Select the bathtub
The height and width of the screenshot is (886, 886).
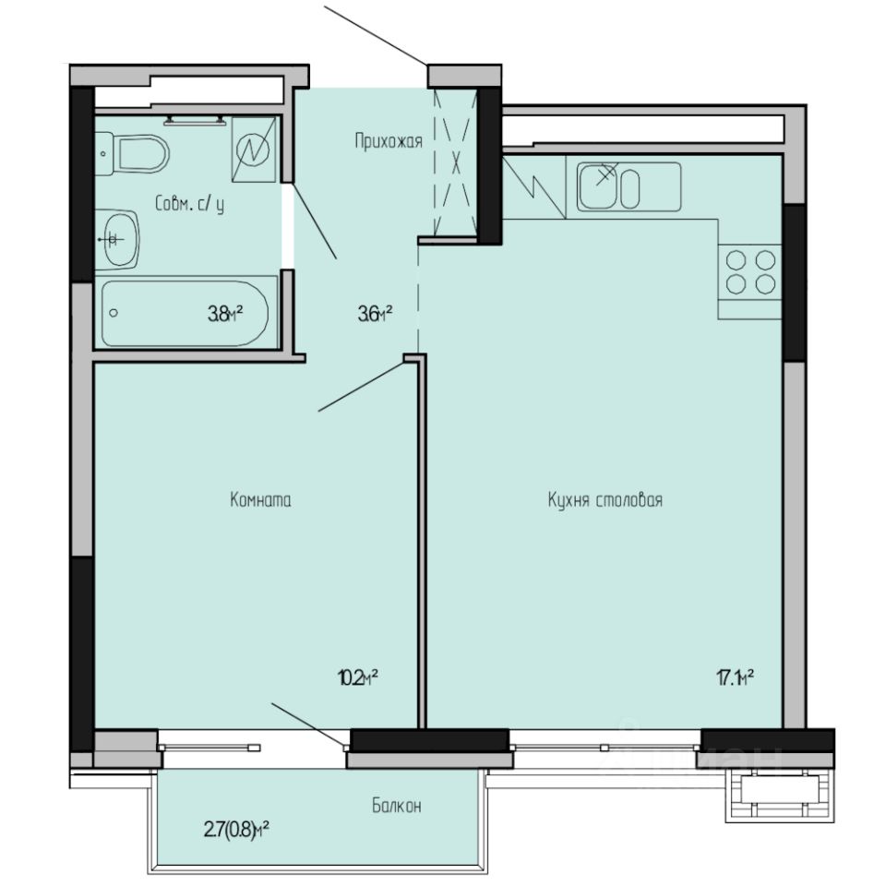185,312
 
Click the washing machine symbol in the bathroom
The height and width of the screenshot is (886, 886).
254,148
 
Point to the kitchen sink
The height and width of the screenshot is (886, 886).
629,186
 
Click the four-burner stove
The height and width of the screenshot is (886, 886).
749,271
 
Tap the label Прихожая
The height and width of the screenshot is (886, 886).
389,141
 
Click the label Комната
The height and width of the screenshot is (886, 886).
260,500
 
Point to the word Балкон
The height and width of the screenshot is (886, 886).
397,806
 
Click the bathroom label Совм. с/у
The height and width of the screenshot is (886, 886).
190,205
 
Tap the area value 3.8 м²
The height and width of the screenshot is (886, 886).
225,314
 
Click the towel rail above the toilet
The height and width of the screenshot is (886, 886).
195,119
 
